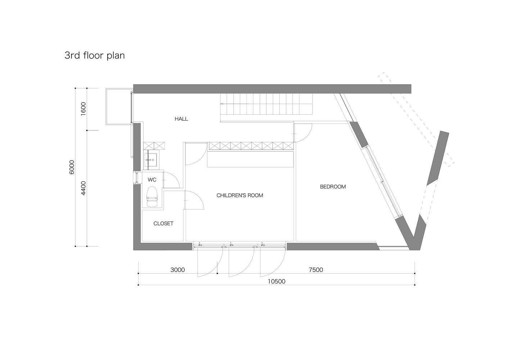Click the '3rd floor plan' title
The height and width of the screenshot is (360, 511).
(95, 55)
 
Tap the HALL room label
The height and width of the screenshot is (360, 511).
(181, 119)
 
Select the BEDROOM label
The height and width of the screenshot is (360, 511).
(333, 187)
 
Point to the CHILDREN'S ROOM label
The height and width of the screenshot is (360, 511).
(240, 195)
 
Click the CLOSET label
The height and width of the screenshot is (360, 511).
(163, 224)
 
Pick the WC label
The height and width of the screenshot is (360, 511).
(152, 180)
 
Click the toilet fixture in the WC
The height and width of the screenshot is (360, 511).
(152, 197)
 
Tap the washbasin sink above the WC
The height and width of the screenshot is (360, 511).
(151, 160)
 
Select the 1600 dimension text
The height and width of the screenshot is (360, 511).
(83, 109)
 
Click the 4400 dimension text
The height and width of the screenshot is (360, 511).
(83, 188)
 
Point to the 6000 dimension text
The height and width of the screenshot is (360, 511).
(72, 167)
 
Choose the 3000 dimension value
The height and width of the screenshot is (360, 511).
(178, 270)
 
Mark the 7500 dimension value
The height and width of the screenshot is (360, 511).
(316, 270)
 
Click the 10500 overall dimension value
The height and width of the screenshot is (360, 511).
(276, 282)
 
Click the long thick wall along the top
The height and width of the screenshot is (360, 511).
(272, 89)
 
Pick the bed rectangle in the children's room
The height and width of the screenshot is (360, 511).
(250, 159)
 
